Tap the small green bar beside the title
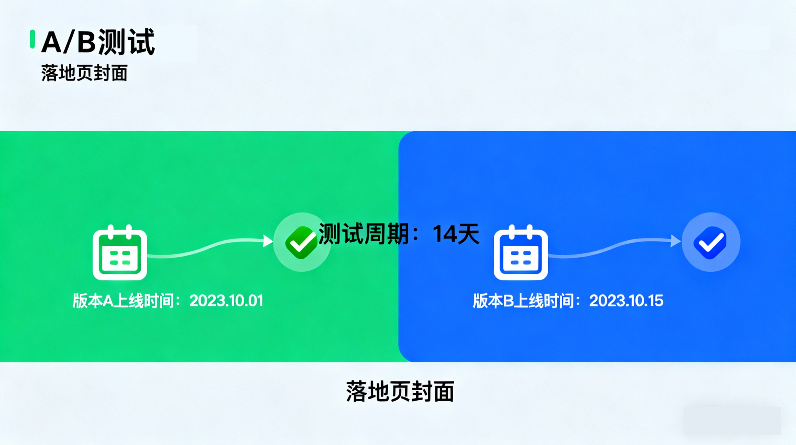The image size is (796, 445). [x=32, y=39]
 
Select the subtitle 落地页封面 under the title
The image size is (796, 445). [x=84, y=73]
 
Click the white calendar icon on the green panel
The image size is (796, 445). [x=120, y=252]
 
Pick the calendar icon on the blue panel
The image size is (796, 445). [x=521, y=252]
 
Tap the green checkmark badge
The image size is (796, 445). [x=302, y=242]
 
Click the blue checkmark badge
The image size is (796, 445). [x=710, y=242]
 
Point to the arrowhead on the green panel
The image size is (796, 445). [x=268, y=241]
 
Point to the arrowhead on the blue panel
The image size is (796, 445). [x=676, y=241]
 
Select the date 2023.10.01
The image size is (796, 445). [x=226, y=300]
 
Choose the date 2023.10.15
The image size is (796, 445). [x=626, y=300]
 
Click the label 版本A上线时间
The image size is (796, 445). [x=123, y=300]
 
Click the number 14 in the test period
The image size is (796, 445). [x=445, y=234]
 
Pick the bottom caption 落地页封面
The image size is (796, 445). [x=400, y=392]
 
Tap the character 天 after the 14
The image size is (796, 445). [x=468, y=234]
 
